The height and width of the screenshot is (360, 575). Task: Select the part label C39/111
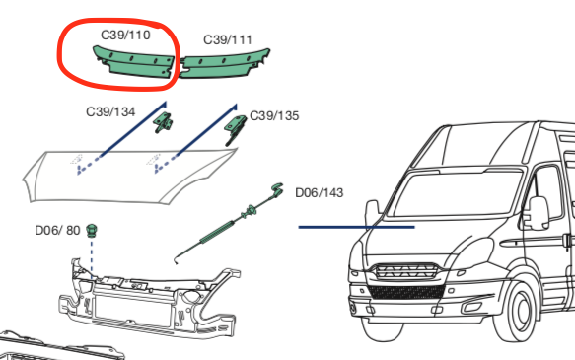pos(228,39)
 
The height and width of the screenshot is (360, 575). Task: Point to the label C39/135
pos(274,115)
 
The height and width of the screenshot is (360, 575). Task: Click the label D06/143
pos(320,192)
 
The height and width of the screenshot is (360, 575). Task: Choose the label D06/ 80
pos(55,230)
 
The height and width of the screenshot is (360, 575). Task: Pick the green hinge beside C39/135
pos(237,125)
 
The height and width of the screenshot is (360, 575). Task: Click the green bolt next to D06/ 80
pos(92,229)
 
